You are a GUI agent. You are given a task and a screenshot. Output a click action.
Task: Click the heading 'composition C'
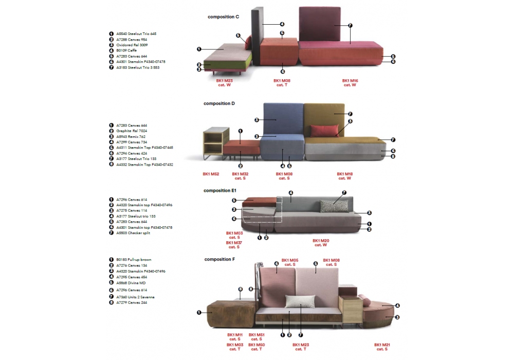click(x=223, y=17)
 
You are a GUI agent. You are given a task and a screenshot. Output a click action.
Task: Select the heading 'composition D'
click(x=219, y=103)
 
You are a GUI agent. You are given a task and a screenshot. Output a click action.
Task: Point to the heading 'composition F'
click(x=219, y=259)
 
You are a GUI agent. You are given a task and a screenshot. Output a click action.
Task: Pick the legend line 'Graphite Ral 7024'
click(x=132, y=131)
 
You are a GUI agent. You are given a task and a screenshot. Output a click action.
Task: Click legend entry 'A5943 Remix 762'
click(x=131, y=136)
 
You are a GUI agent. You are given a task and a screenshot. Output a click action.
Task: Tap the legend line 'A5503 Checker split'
click(x=133, y=233)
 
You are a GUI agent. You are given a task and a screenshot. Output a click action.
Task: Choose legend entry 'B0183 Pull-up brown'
click(x=134, y=260)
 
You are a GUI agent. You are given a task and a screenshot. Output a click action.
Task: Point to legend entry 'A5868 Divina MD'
click(x=131, y=282)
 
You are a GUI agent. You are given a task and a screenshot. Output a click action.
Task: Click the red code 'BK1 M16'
click(x=350, y=81)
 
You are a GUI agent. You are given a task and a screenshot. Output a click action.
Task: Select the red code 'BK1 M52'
click(x=211, y=174)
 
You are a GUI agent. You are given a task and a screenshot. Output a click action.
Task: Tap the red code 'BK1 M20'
click(x=321, y=240)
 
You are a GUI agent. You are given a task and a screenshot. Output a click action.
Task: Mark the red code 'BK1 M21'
click(x=382, y=345)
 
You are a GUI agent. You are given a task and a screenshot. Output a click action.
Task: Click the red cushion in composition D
click(x=324, y=130)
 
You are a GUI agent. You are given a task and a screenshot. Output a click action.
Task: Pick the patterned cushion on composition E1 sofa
click(x=334, y=206)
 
